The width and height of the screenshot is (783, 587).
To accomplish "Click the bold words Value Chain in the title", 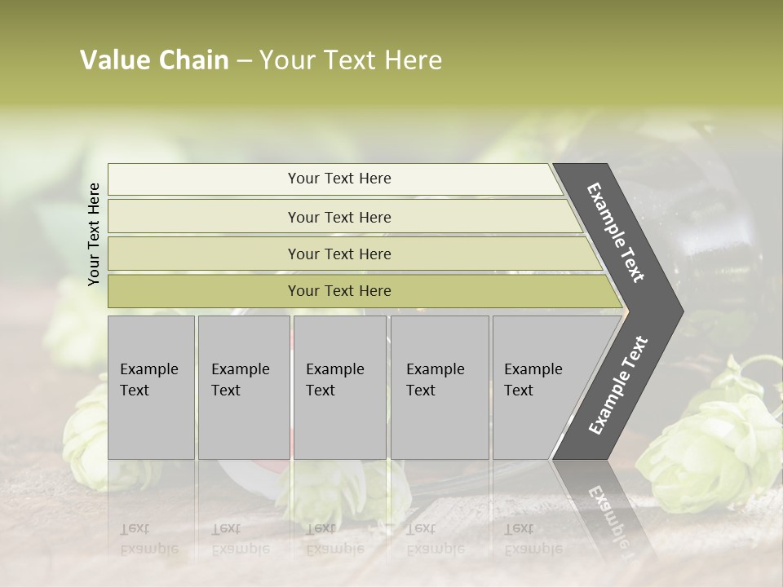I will coord(154,60).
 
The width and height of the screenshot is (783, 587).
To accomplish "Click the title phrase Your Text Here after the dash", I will coord(351,60).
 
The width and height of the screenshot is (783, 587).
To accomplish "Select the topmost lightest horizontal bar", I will coord(204,179).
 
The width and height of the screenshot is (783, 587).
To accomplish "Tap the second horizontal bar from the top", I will coord(204,217).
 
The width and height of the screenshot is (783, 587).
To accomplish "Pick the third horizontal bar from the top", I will coord(204,254).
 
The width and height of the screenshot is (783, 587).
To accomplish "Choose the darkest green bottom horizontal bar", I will coord(204,291).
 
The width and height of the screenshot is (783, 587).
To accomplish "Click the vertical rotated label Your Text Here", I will coord(94,234).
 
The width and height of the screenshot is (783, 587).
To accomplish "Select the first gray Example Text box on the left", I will coord(151,387).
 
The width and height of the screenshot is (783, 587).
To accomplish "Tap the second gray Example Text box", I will coord(243,387).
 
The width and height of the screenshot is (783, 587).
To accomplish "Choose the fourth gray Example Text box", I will coord(439,387).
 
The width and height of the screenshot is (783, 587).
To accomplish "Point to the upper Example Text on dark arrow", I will coord(616,232).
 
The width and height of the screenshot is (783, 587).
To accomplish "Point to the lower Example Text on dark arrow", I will coord(617,386).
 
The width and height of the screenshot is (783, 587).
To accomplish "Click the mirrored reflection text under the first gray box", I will coord(148,538).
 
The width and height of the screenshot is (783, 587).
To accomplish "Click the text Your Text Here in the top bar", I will coord(339,179).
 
